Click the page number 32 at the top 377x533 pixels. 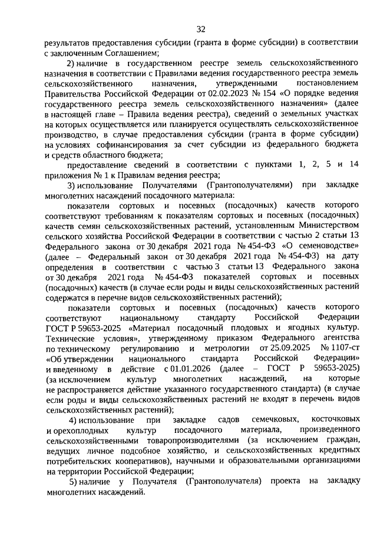coord(201,29)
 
